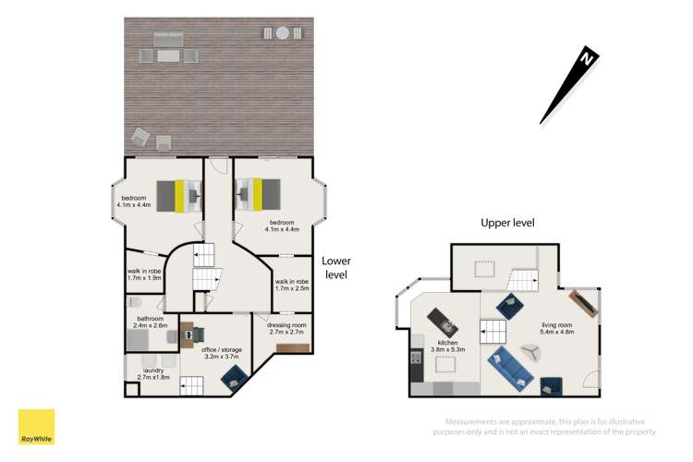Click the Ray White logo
click(x=36, y=427)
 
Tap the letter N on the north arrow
click(x=585, y=59)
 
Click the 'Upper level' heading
click(x=507, y=223)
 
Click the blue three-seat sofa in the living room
click(x=509, y=368)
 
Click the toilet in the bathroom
click(x=132, y=303)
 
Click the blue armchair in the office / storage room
click(x=234, y=375)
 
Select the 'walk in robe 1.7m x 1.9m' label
click(x=144, y=274)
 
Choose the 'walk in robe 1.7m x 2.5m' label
click(x=293, y=286)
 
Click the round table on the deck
click(x=283, y=33)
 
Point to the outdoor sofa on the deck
click(x=168, y=40)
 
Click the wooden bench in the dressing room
click(x=292, y=347)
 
